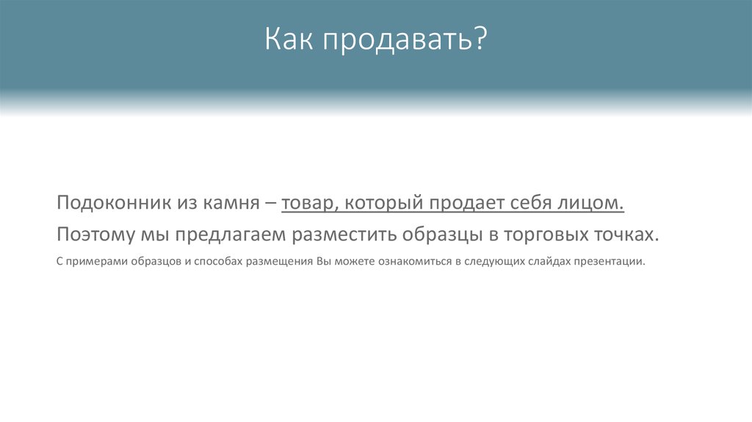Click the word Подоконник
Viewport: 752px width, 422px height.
tap(114, 203)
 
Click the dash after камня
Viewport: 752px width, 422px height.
tap(272, 203)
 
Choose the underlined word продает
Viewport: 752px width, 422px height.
tap(462, 203)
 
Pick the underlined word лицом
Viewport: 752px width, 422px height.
tap(593, 203)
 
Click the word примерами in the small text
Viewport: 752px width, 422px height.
tap(90, 262)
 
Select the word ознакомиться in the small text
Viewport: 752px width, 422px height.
tap(414, 262)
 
